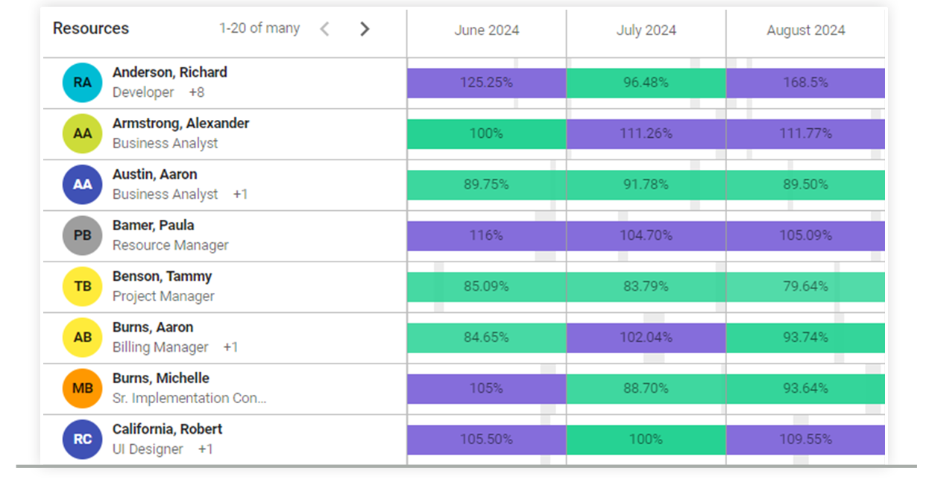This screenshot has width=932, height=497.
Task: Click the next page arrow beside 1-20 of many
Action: (364, 29)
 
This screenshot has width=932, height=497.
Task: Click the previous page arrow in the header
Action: (324, 29)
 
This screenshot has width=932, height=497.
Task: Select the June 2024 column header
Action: (486, 31)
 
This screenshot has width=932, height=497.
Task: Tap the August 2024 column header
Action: (805, 31)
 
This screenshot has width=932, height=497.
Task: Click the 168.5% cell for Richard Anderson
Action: (805, 83)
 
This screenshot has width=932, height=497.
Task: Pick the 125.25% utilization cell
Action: (486, 83)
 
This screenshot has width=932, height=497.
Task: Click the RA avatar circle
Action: (82, 83)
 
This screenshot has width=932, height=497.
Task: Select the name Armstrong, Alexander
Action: (180, 124)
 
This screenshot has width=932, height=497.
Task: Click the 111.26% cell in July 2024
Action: (646, 134)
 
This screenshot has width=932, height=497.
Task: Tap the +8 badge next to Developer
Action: (196, 92)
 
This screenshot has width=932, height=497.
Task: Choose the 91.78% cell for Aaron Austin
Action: (646, 185)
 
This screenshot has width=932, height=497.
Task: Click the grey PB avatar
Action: (82, 235)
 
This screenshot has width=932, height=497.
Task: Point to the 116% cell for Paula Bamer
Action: (486, 235)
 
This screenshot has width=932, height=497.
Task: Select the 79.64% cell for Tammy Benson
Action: (805, 287)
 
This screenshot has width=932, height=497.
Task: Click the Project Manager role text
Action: (163, 297)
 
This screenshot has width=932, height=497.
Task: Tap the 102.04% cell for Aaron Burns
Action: (646, 338)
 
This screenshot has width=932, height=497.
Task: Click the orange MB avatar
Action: (82, 388)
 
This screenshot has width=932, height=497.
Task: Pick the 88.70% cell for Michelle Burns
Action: (646, 388)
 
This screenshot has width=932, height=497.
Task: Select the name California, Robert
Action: (167, 429)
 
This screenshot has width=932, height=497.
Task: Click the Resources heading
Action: (90, 29)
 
